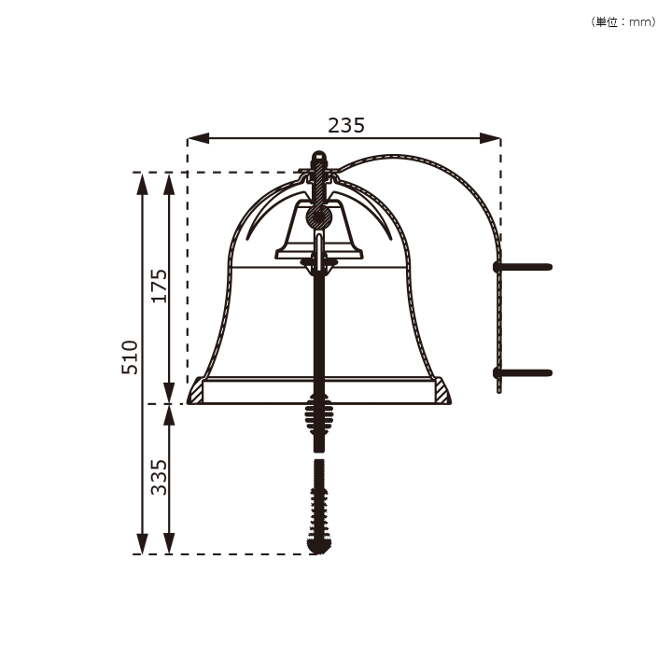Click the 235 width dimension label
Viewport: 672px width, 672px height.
point(346,125)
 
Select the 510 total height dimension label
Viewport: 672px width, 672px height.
point(130,357)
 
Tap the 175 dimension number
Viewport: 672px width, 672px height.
point(159,286)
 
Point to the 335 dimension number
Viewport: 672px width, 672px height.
point(159,477)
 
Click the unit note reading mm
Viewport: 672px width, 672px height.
point(640,22)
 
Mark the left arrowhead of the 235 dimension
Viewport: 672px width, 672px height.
point(198,138)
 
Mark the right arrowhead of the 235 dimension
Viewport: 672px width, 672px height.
point(490,138)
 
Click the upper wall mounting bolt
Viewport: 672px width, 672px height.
point(523,267)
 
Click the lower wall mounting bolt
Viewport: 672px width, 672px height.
point(523,372)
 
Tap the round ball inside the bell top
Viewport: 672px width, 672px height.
point(318,218)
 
